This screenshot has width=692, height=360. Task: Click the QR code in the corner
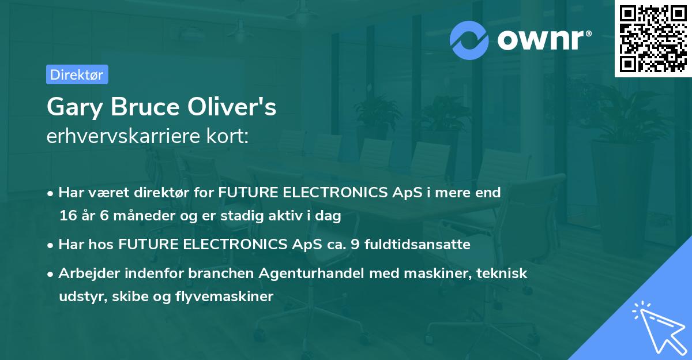click(653, 38)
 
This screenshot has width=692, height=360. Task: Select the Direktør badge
click(77, 74)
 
